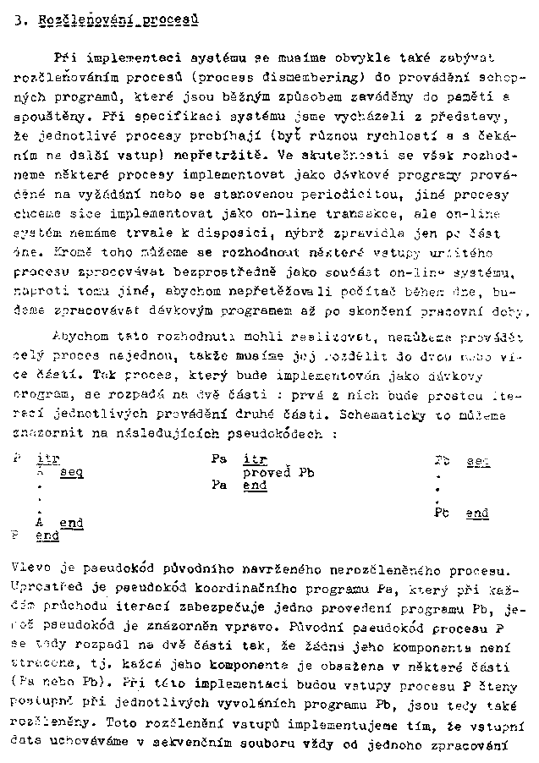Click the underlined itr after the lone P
(x=47, y=459)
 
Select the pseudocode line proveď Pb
(x=278, y=473)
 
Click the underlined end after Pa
(x=255, y=486)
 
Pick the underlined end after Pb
(x=476, y=513)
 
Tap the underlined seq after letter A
(x=71, y=473)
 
